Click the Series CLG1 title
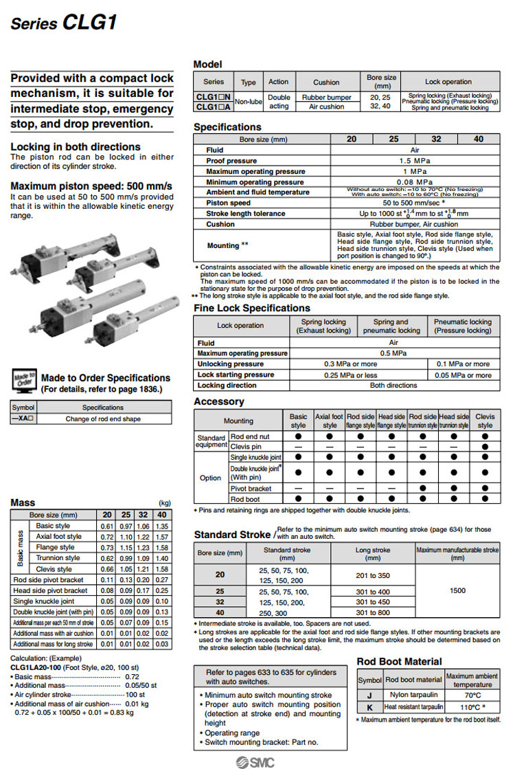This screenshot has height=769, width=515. [64, 23]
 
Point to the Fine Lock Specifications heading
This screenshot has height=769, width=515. [252, 308]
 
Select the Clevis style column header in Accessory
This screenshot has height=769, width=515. [485, 421]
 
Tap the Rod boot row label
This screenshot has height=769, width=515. [245, 500]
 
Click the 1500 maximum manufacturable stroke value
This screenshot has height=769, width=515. [457, 590]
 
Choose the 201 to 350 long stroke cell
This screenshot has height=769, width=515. [373, 575]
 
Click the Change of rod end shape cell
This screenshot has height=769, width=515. [103, 419]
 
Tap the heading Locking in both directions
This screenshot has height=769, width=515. [76, 146]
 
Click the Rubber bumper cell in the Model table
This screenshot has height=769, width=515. [327, 98]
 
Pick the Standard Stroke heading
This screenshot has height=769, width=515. [232, 534]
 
